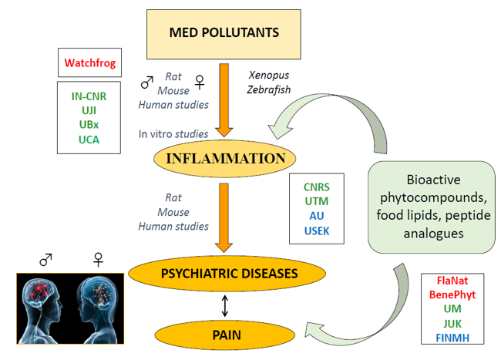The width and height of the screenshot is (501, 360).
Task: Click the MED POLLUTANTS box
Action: tap(224, 32)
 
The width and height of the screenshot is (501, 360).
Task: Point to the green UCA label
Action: tap(89, 140)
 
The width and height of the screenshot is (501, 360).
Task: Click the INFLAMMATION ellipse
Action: tap(224, 160)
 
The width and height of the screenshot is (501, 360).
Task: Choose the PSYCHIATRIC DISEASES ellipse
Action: tap(224, 272)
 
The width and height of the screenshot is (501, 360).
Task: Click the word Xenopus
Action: tap(267, 76)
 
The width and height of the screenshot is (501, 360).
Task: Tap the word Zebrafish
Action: tap(268, 89)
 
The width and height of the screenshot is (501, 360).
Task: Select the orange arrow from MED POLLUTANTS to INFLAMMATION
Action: tap(224, 93)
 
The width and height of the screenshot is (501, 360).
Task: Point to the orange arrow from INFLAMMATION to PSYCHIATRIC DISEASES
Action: tap(224, 216)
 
